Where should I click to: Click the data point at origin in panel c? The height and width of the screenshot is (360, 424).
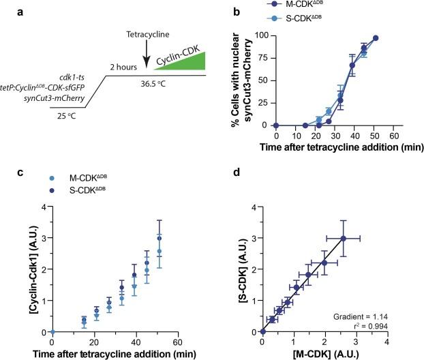click(52, 332)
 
